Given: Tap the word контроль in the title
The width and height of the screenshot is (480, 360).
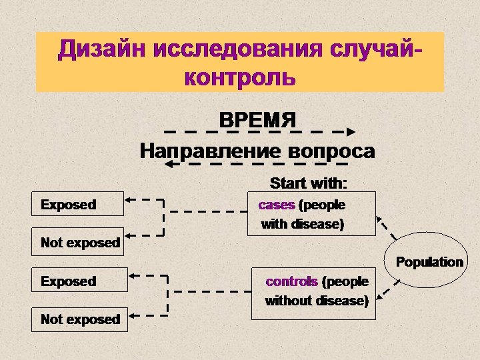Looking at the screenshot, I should [x=239, y=77].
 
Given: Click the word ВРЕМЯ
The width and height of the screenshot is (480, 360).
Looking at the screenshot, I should [x=257, y=121].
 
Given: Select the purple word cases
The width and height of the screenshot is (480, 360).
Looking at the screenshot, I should [x=276, y=205].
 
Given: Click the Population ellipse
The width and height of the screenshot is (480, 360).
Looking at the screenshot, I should [x=429, y=262].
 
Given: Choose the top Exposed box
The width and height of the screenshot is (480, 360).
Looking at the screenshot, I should [x=79, y=205].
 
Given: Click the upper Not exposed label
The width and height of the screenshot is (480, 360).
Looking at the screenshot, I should [x=80, y=243].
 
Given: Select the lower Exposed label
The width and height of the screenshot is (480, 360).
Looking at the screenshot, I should [x=68, y=281].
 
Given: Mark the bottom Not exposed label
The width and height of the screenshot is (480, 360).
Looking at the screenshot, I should [x=80, y=319].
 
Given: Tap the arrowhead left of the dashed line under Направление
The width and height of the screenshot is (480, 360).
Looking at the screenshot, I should [x=168, y=163].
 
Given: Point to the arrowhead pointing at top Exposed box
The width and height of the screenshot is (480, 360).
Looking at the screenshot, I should [x=131, y=199].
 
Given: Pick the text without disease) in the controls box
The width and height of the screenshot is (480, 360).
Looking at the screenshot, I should [x=317, y=301].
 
